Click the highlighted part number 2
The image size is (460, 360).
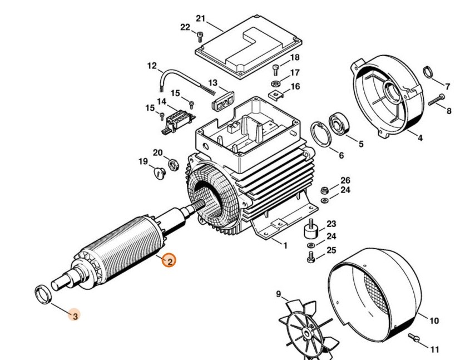pyautogui.click(x=169, y=260)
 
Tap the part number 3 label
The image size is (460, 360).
pyautogui.click(x=75, y=315)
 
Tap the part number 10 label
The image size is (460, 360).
pyautogui.click(x=434, y=321)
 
